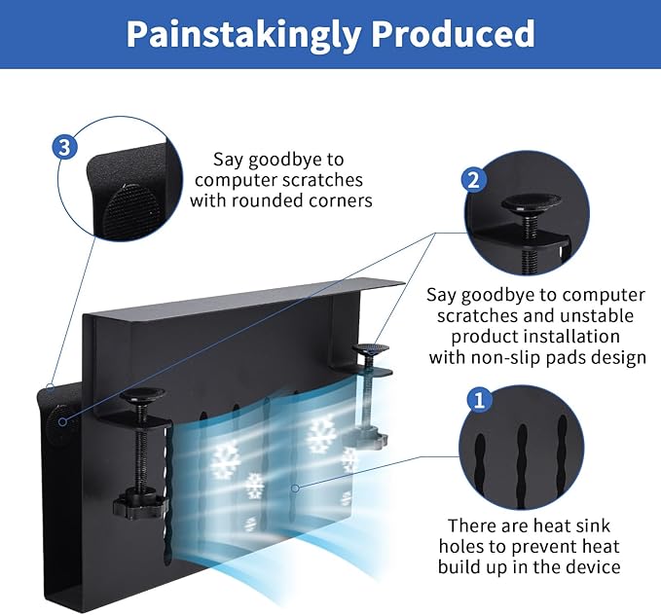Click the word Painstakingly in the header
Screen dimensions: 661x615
tap(243, 34)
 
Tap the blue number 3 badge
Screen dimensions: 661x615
tap(64, 148)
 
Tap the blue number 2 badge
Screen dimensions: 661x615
tap(474, 180)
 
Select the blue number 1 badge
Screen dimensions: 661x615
tap(480, 400)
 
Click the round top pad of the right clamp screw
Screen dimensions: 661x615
tap(371, 349)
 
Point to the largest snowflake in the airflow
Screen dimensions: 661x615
tap(322, 433)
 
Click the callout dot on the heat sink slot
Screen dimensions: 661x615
tap(296, 488)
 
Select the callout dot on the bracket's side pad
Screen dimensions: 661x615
tap(63, 421)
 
